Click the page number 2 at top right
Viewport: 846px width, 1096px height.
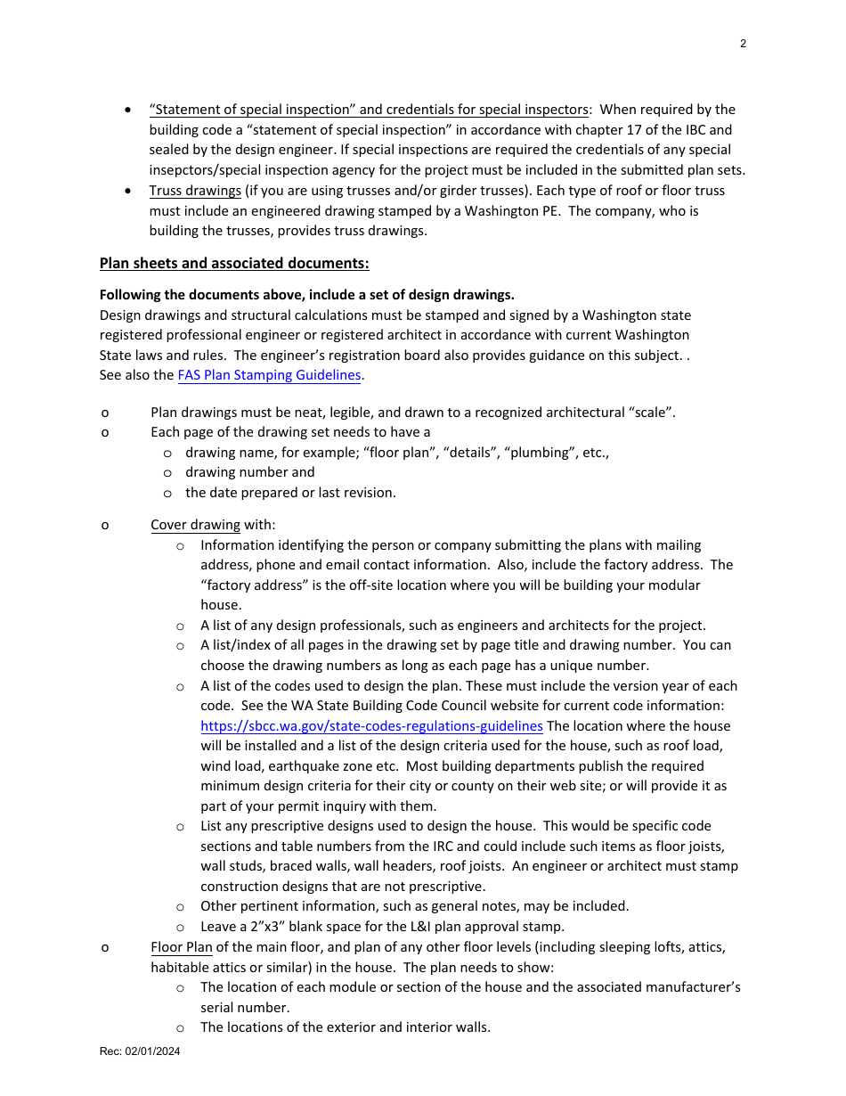click(743, 44)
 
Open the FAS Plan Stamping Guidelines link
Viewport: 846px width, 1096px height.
click(269, 375)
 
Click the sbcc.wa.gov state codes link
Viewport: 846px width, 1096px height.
click(371, 726)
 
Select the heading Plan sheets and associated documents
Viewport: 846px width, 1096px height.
click(234, 263)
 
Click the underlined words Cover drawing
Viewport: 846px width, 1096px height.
click(195, 525)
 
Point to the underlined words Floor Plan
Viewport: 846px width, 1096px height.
click(182, 947)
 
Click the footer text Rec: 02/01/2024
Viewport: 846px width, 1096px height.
click(140, 1051)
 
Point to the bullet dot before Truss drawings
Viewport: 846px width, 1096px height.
click(130, 191)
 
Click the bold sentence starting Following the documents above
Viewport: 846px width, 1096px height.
click(306, 295)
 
